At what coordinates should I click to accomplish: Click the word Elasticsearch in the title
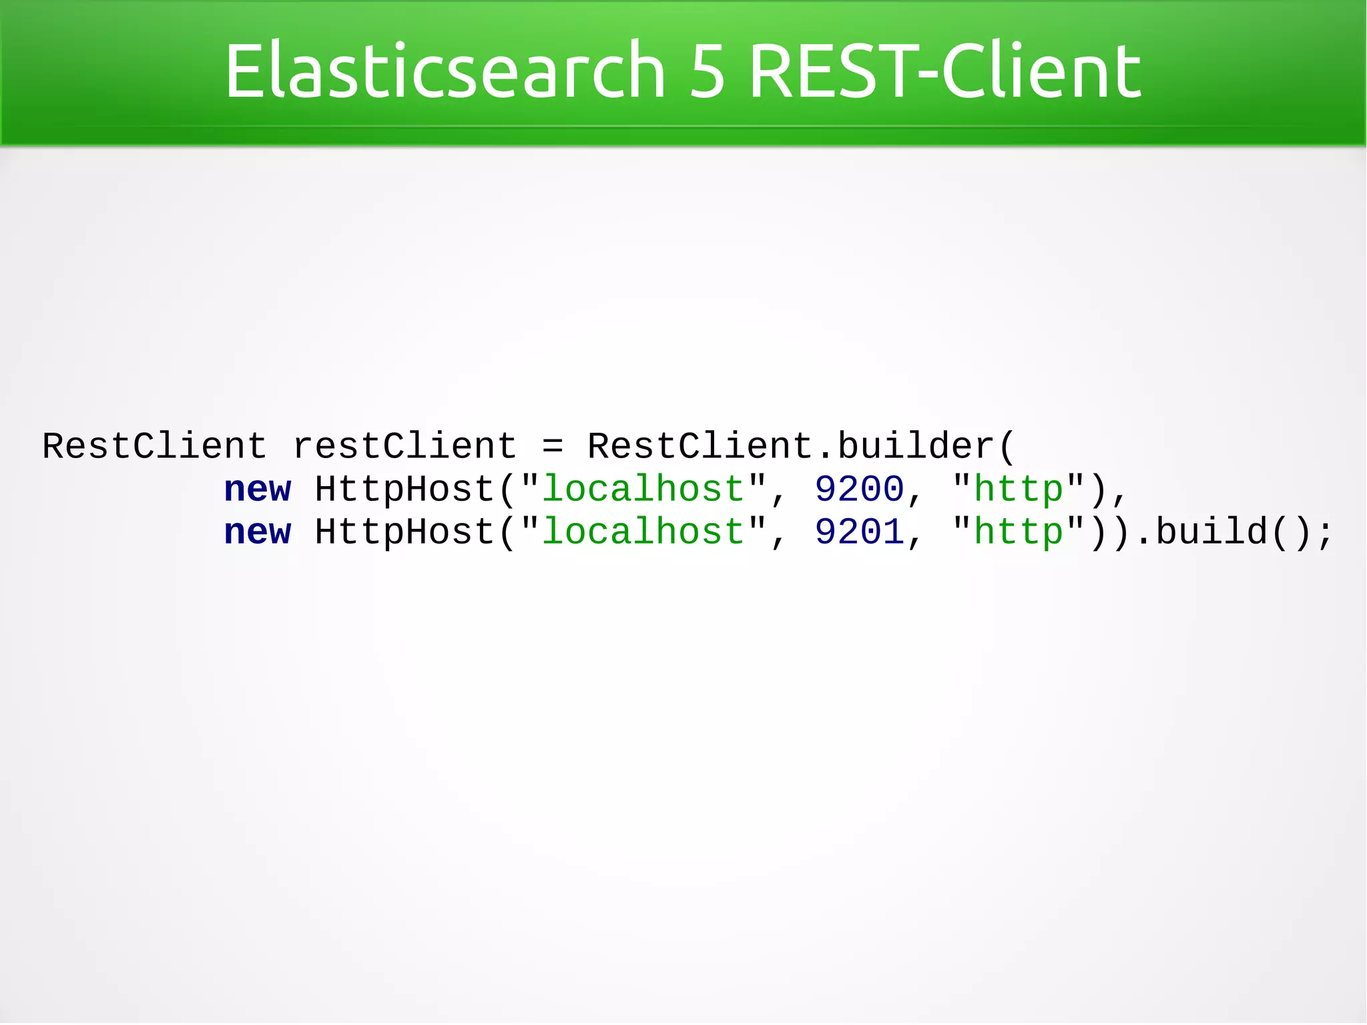[x=445, y=71]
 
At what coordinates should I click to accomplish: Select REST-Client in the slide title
[x=944, y=71]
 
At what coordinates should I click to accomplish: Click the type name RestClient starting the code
[x=155, y=446]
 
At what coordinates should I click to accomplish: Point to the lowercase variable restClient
[x=404, y=446]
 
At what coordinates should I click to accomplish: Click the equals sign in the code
[x=553, y=446]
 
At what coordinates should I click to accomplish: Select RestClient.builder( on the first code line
[x=801, y=446]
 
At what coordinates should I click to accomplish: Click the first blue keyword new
[x=258, y=489]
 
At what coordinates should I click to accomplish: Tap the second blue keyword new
[x=258, y=532]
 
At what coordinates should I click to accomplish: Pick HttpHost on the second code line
[x=404, y=489]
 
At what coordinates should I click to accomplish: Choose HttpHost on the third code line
[x=404, y=532]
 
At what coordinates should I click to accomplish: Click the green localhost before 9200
[x=643, y=489]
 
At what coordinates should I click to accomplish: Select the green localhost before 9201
[x=643, y=532]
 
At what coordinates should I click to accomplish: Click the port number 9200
[x=859, y=489]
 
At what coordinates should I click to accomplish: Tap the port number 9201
[x=859, y=532]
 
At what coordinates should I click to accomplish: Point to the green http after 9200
[x=1018, y=489]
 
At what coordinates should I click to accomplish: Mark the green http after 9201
[x=1018, y=532]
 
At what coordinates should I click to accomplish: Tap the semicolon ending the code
[x=1325, y=534]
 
